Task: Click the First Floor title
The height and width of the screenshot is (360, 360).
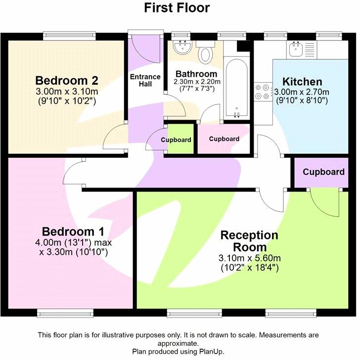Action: (x=177, y=8)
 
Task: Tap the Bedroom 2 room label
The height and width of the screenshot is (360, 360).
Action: (x=67, y=81)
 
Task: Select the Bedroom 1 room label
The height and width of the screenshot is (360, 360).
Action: (x=74, y=231)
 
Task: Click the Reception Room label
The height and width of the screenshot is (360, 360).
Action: (x=250, y=241)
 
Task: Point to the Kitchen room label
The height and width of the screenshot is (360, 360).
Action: (x=302, y=82)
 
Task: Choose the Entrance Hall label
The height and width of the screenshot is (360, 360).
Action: (x=145, y=80)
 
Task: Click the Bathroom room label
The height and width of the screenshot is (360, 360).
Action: (x=196, y=74)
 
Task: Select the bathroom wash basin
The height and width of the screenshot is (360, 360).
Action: (x=182, y=48)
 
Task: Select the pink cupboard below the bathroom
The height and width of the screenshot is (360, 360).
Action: (x=224, y=139)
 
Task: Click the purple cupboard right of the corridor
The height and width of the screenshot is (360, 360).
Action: (x=323, y=172)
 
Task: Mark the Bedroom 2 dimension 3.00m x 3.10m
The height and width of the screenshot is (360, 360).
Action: (x=67, y=91)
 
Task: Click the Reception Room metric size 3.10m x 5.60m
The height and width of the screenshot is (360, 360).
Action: (x=250, y=258)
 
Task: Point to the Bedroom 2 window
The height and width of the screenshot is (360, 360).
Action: (x=68, y=35)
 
